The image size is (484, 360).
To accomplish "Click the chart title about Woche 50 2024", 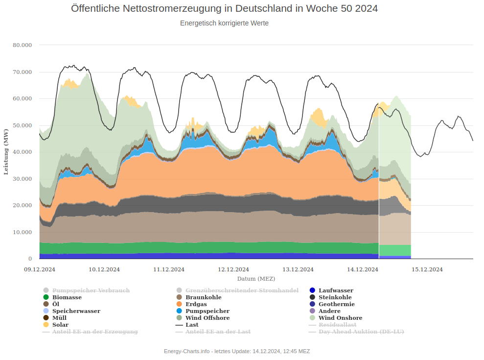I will [x=224, y=9].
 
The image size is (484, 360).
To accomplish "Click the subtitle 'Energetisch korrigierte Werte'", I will [x=224, y=23].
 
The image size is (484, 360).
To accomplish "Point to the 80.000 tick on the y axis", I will [x=23, y=45].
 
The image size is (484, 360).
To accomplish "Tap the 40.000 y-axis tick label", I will [x=23, y=152].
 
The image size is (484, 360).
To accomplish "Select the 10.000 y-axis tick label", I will [x=23, y=232].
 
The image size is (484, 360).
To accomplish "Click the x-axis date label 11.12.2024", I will [x=169, y=269].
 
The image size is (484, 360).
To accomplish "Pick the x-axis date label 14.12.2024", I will [x=363, y=269].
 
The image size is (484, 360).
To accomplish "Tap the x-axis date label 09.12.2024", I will [x=40, y=269].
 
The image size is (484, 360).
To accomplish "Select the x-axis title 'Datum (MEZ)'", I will [x=256, y=278].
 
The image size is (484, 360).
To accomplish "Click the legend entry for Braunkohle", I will [x=203, y=297].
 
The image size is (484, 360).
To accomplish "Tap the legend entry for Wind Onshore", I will [x=340, y=318].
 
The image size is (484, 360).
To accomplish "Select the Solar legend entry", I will [x=60, y=325].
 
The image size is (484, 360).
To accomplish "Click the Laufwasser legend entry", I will [x=336, y=290].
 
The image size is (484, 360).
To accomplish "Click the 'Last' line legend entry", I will [x=192, y=325].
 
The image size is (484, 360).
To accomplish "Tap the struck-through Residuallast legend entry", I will [x=337, y=325].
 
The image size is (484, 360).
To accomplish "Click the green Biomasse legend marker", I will [x=46, y=297].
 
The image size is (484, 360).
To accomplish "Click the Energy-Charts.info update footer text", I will [x=237, y=351].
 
